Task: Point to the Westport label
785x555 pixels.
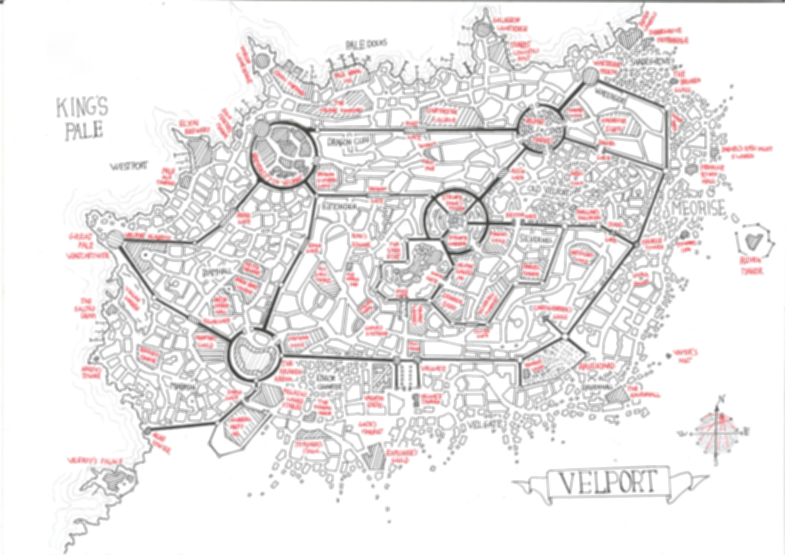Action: click(x=128, y=166)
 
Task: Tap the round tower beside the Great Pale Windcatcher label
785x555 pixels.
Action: click(x=116, y=238)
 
